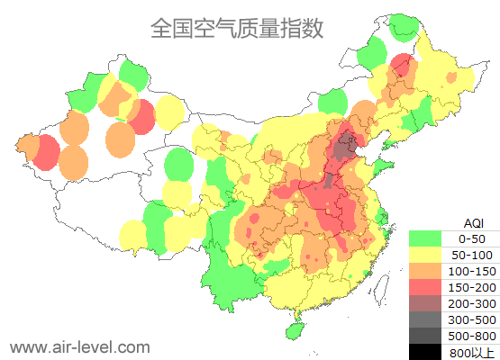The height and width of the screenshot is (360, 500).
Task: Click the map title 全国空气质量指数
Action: tap(237, 29)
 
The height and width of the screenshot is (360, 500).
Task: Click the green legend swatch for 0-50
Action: tap(425, 238)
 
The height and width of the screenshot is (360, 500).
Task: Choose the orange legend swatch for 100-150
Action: tap(425, 271)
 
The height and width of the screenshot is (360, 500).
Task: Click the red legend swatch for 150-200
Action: tap(425, 287)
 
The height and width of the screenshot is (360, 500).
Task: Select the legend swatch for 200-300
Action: tap(425, 303)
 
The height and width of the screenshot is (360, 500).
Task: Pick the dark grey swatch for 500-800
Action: tap(425, 336)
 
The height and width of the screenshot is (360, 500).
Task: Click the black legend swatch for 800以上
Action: tap(425, 352)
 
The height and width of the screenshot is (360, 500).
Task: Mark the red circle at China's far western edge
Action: tap(45, 154)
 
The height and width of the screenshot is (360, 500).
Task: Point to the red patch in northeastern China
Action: tap(403, 65)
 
